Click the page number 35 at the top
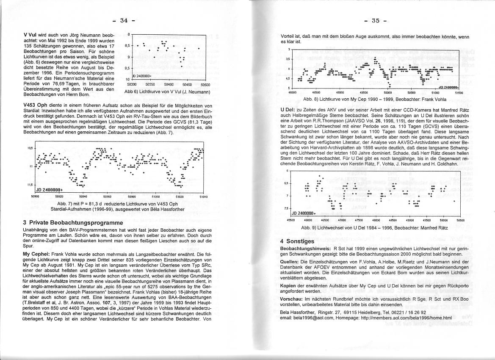(x=376, y=20)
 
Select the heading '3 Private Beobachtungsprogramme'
(x=73, y=222)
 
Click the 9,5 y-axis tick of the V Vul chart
(x=127, y=68)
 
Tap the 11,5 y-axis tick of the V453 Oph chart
(x=30, y=185)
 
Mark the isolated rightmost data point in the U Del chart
(x=454, y=202)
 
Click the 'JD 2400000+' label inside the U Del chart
(x=304, y=213)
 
